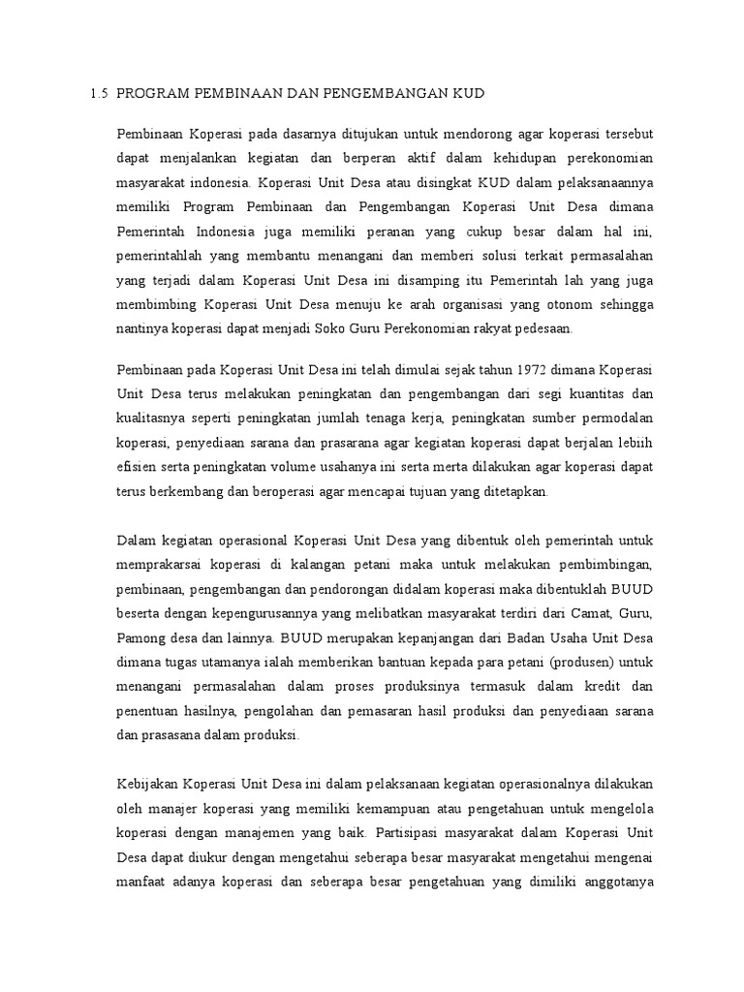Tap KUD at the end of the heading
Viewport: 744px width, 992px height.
click(465, 94)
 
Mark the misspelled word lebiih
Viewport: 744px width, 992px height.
click(634, 443)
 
